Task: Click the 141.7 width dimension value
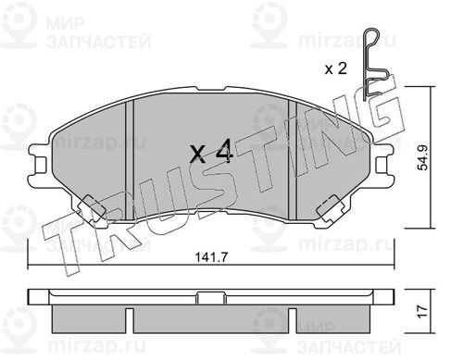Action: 211,257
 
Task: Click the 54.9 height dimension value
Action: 422,157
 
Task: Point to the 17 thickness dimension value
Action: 422,311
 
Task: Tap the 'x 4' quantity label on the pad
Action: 211,151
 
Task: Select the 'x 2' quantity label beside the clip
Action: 336,68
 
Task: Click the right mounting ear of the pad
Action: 384,165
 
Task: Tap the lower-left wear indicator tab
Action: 91,209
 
